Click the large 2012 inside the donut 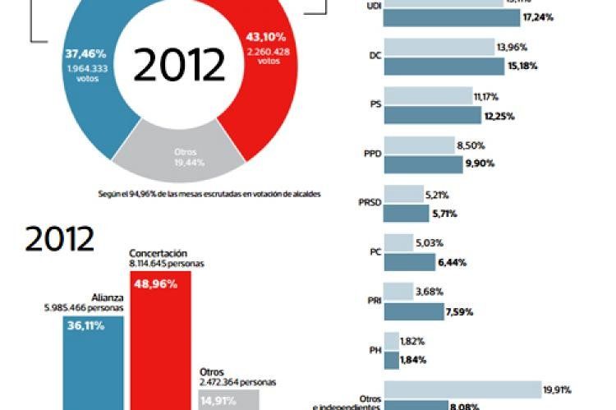pyautogui.click(x=179, y=65)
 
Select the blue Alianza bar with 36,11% pyautogui.click(x=94, y=362)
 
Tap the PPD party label pyautogui.click(x=370, y=154)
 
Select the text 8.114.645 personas pyautogui.click(x=167, y=264)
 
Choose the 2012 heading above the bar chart pyautogui.click(x=60, y=239)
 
